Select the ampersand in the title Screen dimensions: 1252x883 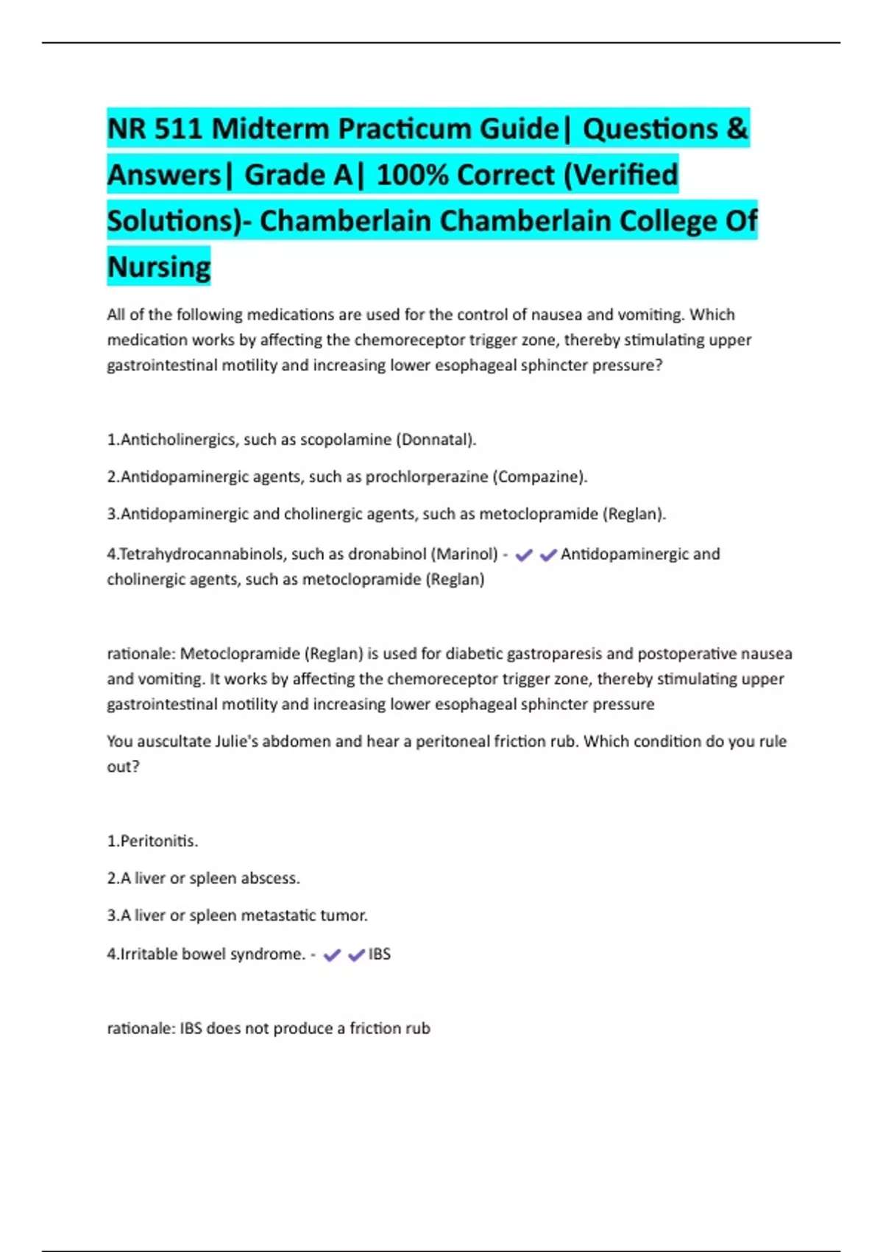click(737, 129)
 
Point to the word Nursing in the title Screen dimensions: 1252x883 click(159, 267)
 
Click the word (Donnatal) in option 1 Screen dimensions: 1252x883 click(436, 440)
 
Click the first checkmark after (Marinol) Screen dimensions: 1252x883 click(524, 555)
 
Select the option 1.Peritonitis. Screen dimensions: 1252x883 click(152, 841)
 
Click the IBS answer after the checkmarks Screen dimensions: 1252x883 click(380, 954)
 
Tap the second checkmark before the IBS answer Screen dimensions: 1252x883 click(356, 955)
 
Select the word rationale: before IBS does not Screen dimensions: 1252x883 click(141, 1028)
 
